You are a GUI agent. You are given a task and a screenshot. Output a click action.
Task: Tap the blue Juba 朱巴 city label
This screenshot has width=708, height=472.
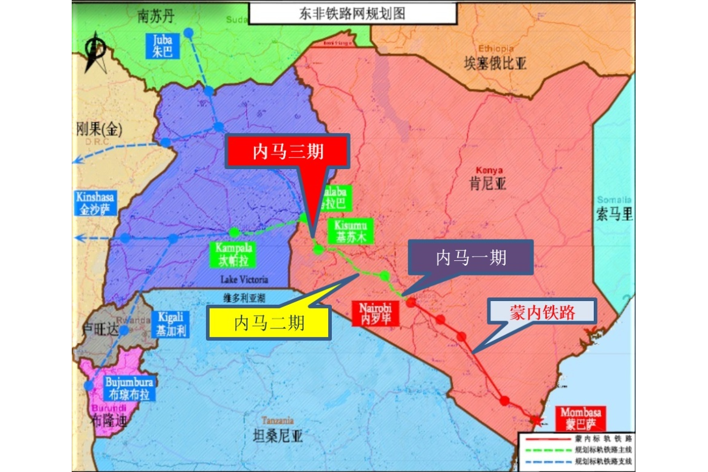[163, 46]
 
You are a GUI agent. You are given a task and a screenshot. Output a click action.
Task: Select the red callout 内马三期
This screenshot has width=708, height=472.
[288, 151]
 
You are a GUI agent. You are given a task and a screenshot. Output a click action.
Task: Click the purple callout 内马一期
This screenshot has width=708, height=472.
[471, 257]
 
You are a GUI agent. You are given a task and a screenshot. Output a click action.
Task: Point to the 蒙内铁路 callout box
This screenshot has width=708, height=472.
[543, 313]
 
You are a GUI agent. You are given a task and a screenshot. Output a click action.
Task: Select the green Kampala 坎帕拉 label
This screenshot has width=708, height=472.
[233, 255]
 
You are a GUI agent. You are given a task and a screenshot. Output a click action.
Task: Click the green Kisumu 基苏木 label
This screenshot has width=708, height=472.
[349, 232]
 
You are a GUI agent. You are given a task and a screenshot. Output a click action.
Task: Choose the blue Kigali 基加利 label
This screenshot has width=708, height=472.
[170, 324]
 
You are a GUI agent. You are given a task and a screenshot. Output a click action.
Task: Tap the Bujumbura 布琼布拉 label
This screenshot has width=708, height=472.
[129, 388]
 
